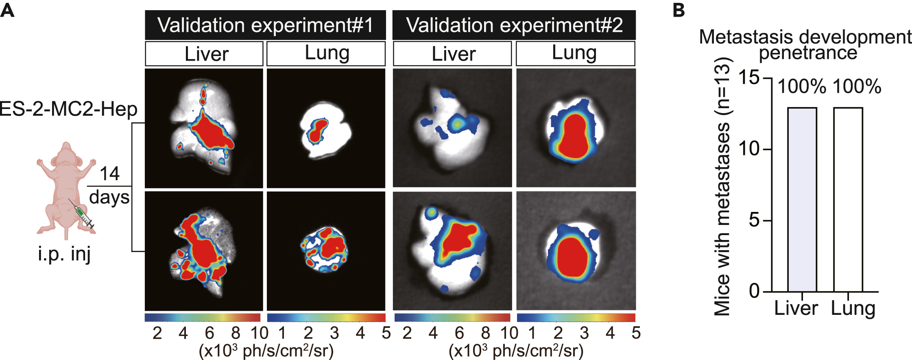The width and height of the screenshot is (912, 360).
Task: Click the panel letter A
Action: tap(7, 10)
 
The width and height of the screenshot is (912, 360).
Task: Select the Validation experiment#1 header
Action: tap(265, 25)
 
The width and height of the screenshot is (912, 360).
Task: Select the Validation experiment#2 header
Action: tap(514, 25)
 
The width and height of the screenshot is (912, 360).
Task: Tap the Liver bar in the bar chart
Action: tap(802, 199)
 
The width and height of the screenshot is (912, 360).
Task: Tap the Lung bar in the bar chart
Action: tap(848, 199)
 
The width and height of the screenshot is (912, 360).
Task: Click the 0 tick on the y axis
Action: tap(754, 291)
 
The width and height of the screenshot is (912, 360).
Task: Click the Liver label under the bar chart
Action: tap(796, 308)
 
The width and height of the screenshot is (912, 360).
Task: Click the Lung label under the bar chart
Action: tap(853, 308)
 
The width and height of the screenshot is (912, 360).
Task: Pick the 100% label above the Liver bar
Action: tap(802, 87)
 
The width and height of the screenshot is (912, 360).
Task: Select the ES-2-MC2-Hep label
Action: tap(68, 109)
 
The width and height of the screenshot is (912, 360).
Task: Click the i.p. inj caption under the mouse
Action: tap(64, 254)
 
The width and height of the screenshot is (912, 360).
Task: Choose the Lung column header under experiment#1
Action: tap(326, 54)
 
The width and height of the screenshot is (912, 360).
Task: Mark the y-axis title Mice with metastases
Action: tap(722, 187)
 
